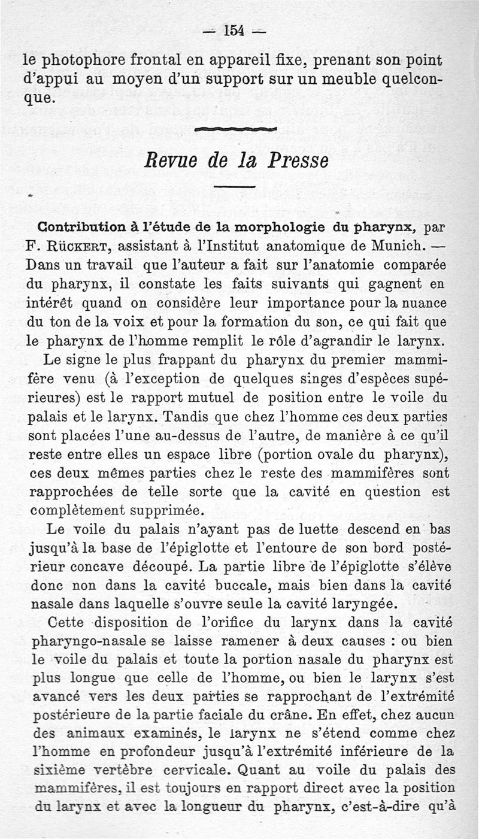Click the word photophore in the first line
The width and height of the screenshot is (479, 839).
click(x=89, y=60)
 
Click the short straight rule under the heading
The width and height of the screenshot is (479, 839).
click(x=235, y=187)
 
